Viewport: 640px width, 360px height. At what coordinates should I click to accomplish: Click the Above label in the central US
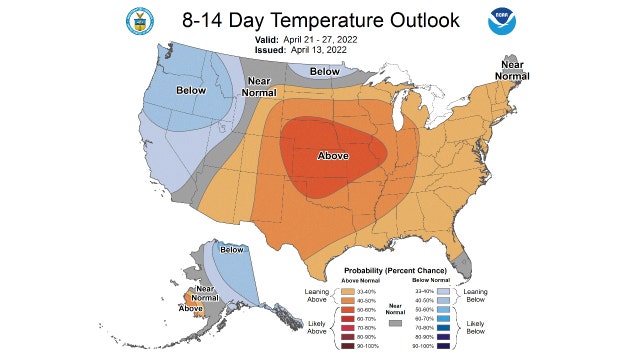coord(333,156)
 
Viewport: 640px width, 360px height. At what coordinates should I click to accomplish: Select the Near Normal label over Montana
coord(259,87)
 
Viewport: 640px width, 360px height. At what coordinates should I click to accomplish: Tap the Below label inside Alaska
coord(231,250)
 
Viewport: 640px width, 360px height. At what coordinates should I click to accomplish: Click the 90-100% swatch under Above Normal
coord(346,345)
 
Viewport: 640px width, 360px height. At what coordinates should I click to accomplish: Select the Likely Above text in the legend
coord(315,329)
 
